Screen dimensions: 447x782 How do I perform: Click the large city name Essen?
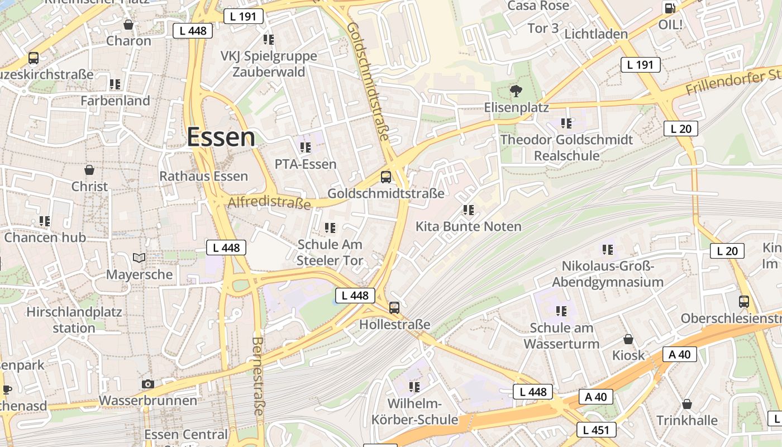coord(221,137)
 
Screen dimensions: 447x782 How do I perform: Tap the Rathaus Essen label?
coord(203,177)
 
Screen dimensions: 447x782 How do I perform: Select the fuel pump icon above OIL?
coord(669,8)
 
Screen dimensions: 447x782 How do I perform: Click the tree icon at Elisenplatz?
coord(516,90)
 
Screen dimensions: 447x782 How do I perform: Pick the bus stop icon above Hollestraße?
coord(394,307)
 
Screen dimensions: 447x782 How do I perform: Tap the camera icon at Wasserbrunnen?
coord(147,384)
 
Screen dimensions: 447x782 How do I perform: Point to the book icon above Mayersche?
coord(139,258)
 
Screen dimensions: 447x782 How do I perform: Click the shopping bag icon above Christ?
coord(89,169)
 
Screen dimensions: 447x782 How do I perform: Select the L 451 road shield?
coord(596,430)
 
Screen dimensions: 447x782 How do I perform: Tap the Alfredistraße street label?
coord(269,202)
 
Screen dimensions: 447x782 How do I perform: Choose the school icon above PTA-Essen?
coord(305,148)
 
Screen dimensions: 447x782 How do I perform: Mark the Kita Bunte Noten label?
coord(468,226)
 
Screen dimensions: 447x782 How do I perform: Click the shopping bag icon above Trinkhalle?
coord(686,403)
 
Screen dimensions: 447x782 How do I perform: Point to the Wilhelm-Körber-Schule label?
coord(414,412)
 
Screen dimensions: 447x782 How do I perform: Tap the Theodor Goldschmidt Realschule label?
coord(566,148)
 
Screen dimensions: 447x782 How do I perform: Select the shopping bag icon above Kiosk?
coord(628,339)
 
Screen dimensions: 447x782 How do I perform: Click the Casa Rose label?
coord(538,6)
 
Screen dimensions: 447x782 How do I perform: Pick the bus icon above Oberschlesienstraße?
coord(743,302)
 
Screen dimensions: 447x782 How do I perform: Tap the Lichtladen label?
coord(596,34)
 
